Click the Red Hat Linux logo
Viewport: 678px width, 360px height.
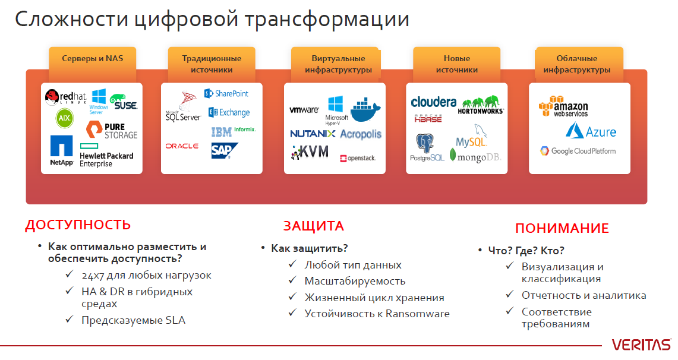tap(65, 97)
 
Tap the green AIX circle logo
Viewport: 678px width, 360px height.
tap(64, 118)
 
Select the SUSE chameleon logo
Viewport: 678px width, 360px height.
tap(124, 102)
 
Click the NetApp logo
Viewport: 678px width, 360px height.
tap(61, 150)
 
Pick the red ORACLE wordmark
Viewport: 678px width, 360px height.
tap(182, 146)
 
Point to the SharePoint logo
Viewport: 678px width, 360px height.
tap(226, 93)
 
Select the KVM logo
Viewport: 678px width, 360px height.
tap(310, 152)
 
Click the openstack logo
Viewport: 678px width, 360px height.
tap(358, 158)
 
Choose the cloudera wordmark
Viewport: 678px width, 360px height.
tap(434, 102)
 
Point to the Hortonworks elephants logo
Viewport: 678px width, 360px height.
tap(481, 105)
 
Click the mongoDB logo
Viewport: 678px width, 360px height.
tap(475, 156)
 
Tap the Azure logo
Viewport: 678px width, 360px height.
tap(591, 131)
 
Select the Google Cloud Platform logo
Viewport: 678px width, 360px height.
tap(578, 151)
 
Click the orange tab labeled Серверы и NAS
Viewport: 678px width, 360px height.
tap(93, 58)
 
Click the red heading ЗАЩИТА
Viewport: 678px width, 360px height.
tap(314, 226)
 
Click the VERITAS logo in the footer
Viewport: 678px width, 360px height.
tap(642, 345)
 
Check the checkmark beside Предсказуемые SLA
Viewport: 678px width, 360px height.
tap(70, 319)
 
